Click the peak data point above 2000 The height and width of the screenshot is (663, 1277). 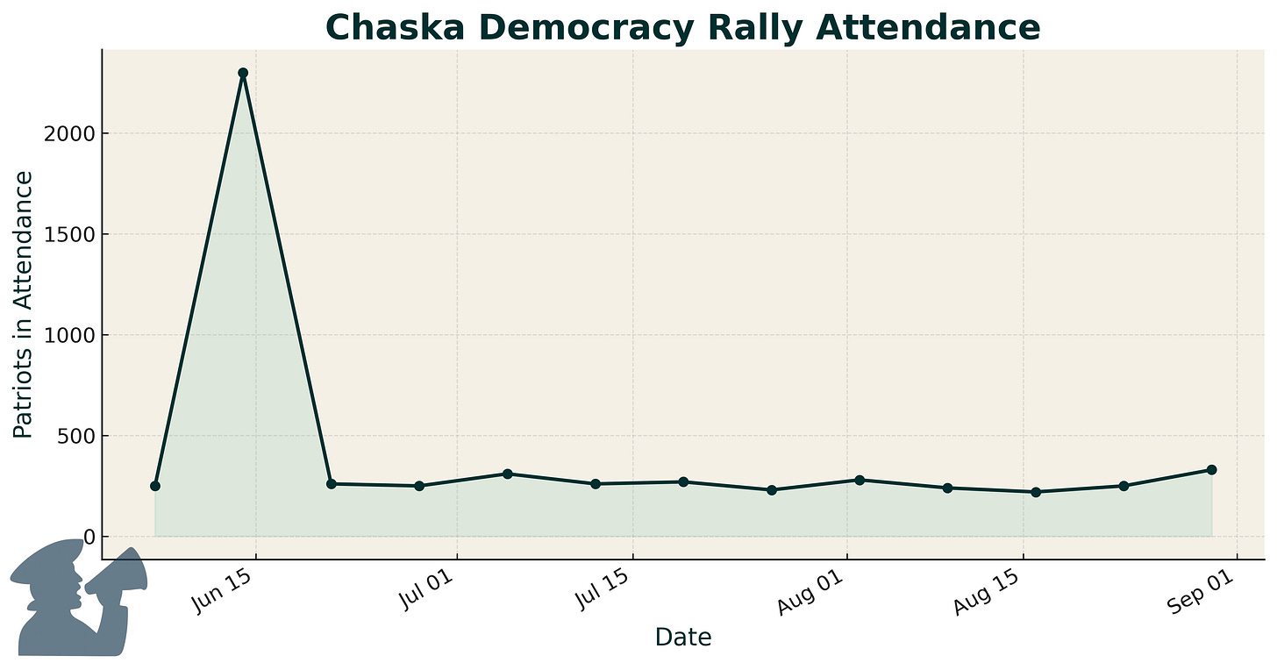coord(243,73)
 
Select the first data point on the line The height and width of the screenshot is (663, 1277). coord(155,486)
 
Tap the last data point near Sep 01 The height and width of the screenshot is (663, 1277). coord(1211,470)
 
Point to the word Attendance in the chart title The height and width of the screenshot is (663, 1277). coord(929,28)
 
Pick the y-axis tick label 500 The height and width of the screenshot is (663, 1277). coord(74,436)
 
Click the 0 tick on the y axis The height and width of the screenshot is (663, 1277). coord(86,537)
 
